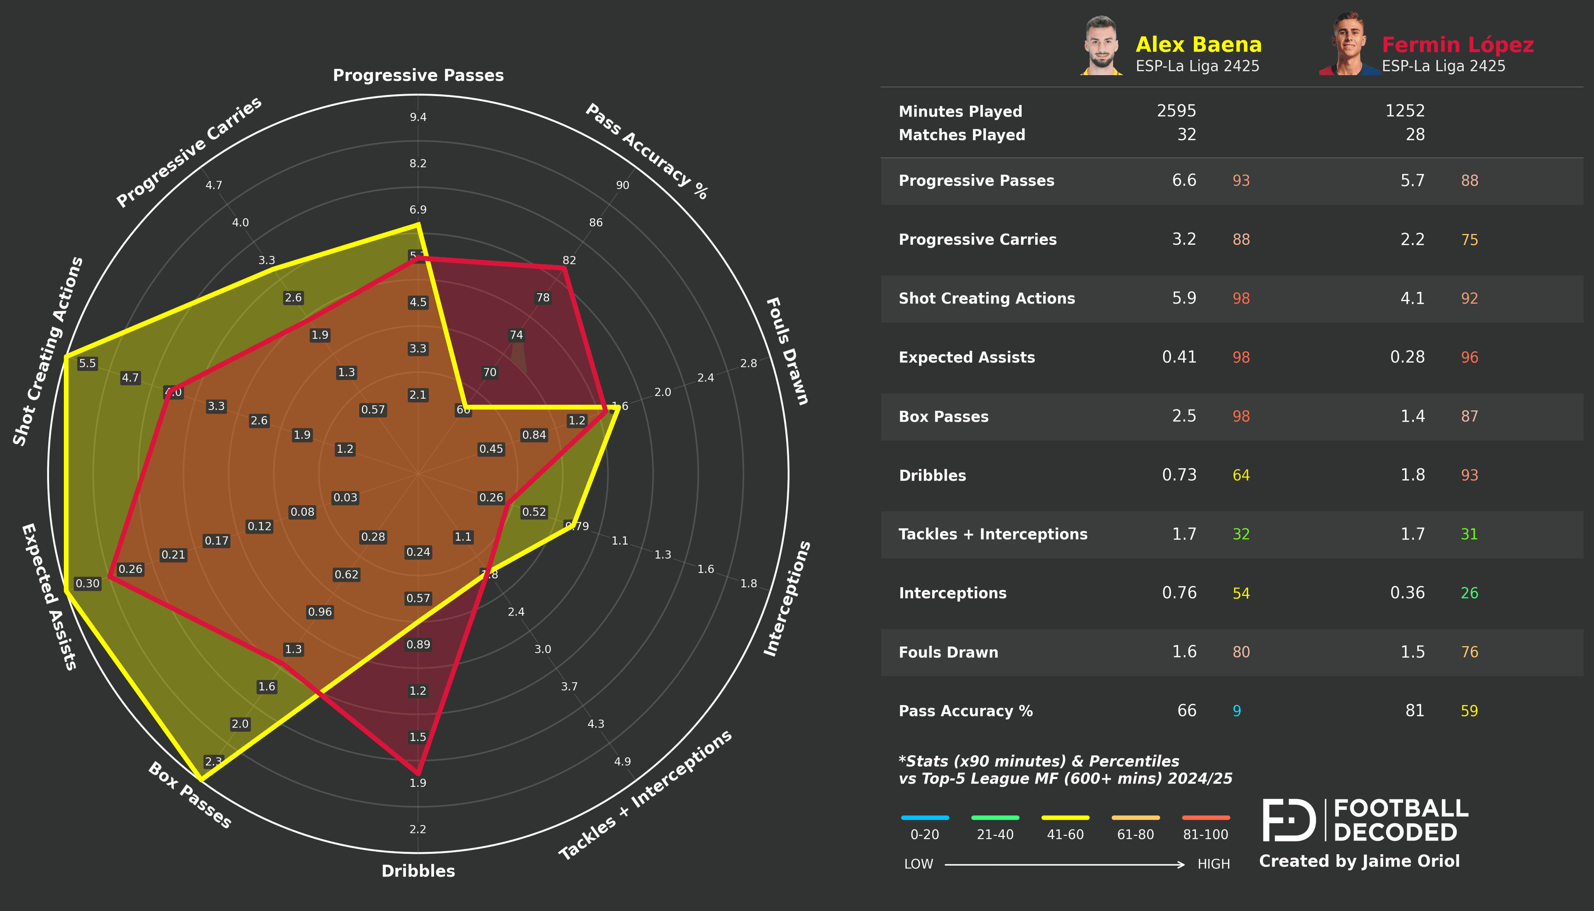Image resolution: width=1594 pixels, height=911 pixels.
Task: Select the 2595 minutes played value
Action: (x=1176, y=111)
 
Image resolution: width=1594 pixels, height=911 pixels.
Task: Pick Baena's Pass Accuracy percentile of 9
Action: (x=1236, y=711)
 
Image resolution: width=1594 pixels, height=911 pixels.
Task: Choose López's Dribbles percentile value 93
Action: (x=1469, y=476)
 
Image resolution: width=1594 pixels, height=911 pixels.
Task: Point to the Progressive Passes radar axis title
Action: (x=418, y=75)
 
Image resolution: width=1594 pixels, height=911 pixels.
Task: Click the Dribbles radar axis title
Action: (x=418, y=871)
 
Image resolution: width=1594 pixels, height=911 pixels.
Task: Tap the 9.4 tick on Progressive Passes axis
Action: (x=418, y=117)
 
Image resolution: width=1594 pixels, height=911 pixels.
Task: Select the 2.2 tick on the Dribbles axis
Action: (x=418, y=829)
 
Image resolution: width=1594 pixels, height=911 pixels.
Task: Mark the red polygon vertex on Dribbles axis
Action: (x=418, y=773)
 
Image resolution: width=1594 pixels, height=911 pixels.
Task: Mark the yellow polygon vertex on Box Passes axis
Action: (x=200, y=779)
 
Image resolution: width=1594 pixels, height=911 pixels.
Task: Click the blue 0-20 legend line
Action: (x=924, y=817)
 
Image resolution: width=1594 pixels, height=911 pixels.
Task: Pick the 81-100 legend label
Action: (x=1205, y=835)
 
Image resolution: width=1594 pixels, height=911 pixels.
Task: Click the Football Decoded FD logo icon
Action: (x=1289, y=820)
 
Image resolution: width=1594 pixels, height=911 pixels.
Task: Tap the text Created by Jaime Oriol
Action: (x=1359, y=862)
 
